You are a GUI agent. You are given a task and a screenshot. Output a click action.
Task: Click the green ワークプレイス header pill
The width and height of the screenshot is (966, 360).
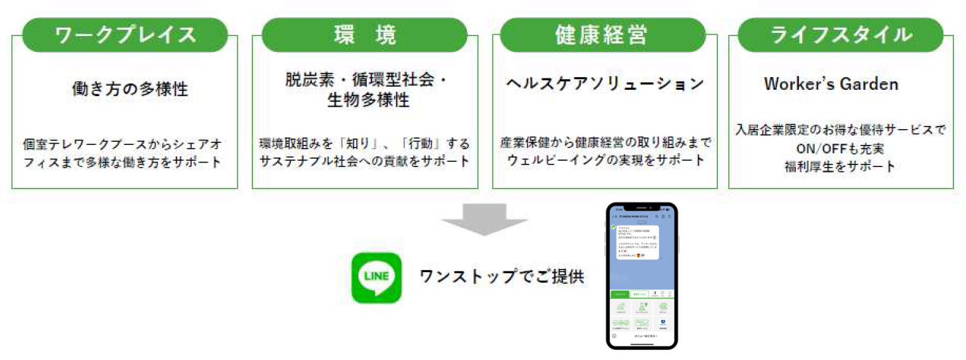(x=125, y=35)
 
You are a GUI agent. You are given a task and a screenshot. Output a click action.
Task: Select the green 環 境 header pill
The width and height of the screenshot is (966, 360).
(x=364, y=35)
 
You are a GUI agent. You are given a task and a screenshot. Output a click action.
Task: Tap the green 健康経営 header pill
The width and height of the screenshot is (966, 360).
(x=602, y=35)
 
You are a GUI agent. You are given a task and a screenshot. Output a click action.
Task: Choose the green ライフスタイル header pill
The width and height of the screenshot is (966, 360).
(x=841, y=35)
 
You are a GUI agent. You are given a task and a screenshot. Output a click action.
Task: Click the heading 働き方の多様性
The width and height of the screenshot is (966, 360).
(x=130, y=89)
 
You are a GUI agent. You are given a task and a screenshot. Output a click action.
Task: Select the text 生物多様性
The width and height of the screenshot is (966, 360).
(x=368, y=101)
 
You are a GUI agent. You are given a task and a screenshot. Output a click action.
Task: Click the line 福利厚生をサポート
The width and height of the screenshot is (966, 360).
(x=840, y=166)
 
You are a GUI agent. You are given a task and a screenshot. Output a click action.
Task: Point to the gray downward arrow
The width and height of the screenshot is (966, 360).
(x=485, y=219)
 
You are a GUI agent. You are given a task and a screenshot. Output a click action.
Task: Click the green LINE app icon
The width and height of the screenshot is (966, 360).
(x=376, y=278)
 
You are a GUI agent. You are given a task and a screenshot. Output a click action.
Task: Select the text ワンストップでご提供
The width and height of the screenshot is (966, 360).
(x=502, y=277)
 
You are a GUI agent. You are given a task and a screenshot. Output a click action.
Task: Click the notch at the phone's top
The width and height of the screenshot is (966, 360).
(x=641, y=208)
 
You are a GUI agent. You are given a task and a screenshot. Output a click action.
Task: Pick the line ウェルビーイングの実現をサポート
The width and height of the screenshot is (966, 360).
(x=606, y=161)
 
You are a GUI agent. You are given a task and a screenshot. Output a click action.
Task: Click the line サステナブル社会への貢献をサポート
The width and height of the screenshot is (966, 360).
(x=365, y=161)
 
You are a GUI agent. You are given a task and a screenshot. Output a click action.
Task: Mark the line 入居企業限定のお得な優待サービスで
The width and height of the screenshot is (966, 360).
(x=840, y=130)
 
